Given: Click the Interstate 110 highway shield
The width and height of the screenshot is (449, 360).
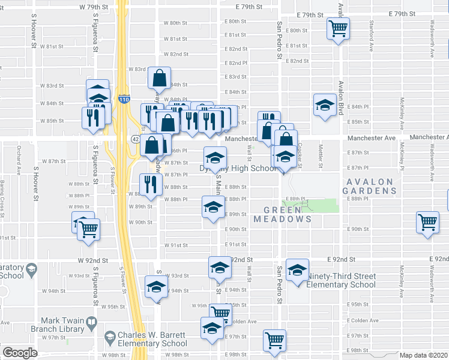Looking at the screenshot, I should (x=124, y=99).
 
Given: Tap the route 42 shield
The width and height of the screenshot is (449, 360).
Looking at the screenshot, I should (x=136, y=139).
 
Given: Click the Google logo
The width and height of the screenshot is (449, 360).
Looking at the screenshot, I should (x=20, y=353).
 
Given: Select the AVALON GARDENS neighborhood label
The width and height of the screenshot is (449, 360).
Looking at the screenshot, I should (x=370, y=186).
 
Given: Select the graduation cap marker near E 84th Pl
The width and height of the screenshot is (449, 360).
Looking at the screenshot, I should (x=325, y=105).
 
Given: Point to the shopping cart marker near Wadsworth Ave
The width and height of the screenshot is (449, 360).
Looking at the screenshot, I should (x=428, y=223).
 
